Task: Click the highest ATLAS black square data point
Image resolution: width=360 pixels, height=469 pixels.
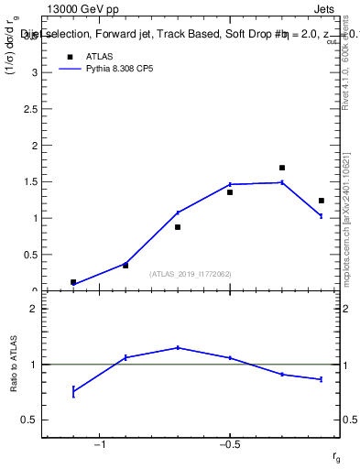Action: (x=282, y=168)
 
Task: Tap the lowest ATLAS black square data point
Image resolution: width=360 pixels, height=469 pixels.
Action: (x=73, y=282)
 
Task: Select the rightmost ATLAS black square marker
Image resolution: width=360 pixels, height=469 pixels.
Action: (x=322, y=201)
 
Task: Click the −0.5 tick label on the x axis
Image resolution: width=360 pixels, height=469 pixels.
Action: (x=229, y=445)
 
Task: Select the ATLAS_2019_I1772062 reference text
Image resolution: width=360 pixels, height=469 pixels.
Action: (x=191, y=274)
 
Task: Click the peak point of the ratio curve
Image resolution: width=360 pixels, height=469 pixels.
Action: (x=178, y=347)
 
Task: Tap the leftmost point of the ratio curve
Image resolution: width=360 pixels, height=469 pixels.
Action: (x=73, y=391)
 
